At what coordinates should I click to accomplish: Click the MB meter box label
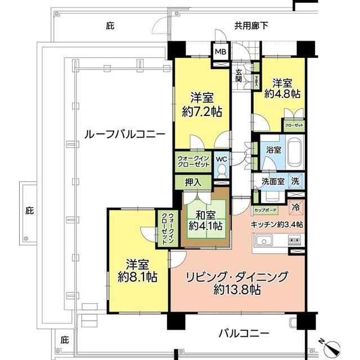coord(219,52)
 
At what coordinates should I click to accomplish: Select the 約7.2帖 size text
coord(201,111)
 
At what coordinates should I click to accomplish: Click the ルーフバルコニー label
coord(124,135)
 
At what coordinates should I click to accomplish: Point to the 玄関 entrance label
coord(240,75)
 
